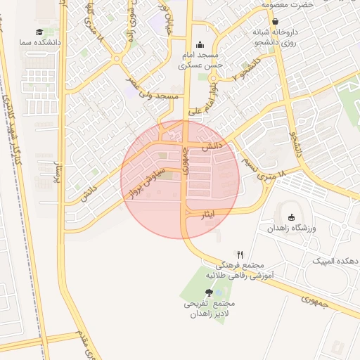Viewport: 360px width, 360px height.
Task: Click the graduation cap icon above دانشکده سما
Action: [x=39, y=32]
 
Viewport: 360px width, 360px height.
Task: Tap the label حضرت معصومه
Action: [x=288, y=5]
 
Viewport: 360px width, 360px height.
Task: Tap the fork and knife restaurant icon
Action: [x=240, y=255]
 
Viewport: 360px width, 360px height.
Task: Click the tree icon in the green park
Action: [x=209, y=292]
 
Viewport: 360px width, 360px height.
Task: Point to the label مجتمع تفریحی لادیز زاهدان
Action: [x=209, y=309]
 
